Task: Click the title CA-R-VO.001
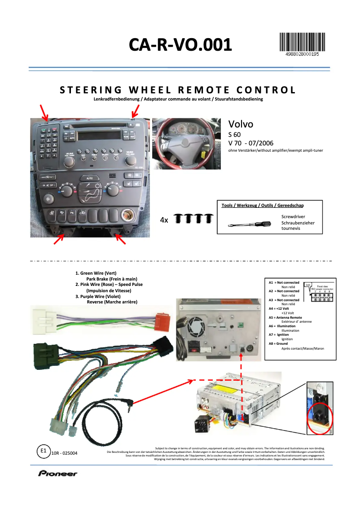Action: pos(180,45)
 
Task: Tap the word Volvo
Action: pos(241,124)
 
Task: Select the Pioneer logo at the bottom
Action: pos(57,473)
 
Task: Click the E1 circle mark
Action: pos(43,451)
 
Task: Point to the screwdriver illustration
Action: pos(249,224)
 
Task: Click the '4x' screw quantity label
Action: pos(164,220)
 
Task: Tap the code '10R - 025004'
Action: pos(65,453)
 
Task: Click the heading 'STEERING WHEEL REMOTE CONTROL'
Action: pos(178,90)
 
